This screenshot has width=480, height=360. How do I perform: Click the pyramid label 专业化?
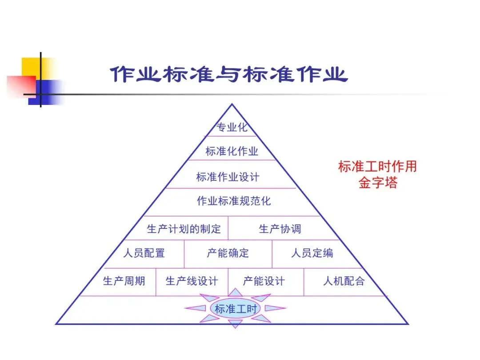point(232,128)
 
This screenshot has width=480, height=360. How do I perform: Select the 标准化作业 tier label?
point(232,151)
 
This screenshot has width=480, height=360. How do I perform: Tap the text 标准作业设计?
point(228,177)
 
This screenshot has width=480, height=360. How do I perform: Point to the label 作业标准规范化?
point(234,201)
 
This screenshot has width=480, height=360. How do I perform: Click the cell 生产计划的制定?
point(184,229)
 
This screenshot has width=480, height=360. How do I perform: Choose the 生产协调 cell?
point(280,229)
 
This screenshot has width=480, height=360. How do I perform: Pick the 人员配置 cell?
point(144,253)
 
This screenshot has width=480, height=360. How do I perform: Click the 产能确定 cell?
point(228,253)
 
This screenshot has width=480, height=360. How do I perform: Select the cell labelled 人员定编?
point(312,253)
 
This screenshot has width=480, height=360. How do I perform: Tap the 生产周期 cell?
point(124,281)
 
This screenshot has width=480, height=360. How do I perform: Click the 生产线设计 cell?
point(192,281)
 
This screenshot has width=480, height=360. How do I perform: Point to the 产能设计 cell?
point(264,281)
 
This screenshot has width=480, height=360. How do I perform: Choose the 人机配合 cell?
point(344,281)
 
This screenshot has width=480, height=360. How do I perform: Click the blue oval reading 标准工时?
point(236,309)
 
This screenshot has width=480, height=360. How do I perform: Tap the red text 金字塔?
point(378,183)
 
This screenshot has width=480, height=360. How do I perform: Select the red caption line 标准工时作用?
point(378,167)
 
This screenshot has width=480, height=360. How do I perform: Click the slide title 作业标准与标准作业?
point(229,74)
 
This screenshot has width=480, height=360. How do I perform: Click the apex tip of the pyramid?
point(232,105)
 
